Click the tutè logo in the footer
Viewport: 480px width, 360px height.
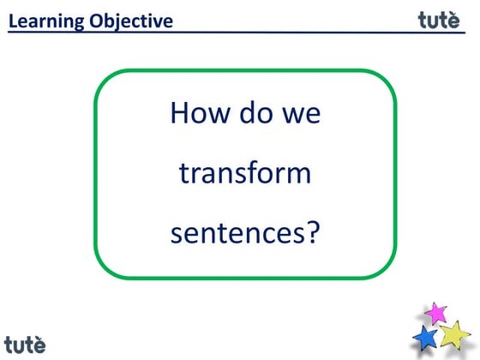point(24,345)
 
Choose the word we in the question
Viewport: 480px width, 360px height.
point(301,113)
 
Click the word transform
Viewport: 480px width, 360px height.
point(244,173)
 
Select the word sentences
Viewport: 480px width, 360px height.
point(237,232)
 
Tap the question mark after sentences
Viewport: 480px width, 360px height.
point(311,231)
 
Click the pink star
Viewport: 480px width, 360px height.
point(437,312)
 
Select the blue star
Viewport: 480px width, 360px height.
point(426,338)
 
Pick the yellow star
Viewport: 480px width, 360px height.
point(456,333)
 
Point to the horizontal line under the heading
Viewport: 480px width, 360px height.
point(240,33)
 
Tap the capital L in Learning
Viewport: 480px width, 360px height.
point(13,21)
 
